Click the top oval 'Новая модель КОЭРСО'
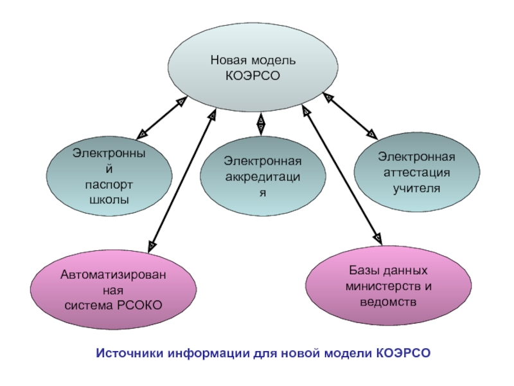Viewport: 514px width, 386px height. [x=253, y=68]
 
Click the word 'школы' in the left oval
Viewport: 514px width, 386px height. [x=110, y=199]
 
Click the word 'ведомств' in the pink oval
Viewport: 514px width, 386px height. [x=388, y=301]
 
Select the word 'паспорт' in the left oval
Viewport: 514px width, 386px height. [x=109, y=185]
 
